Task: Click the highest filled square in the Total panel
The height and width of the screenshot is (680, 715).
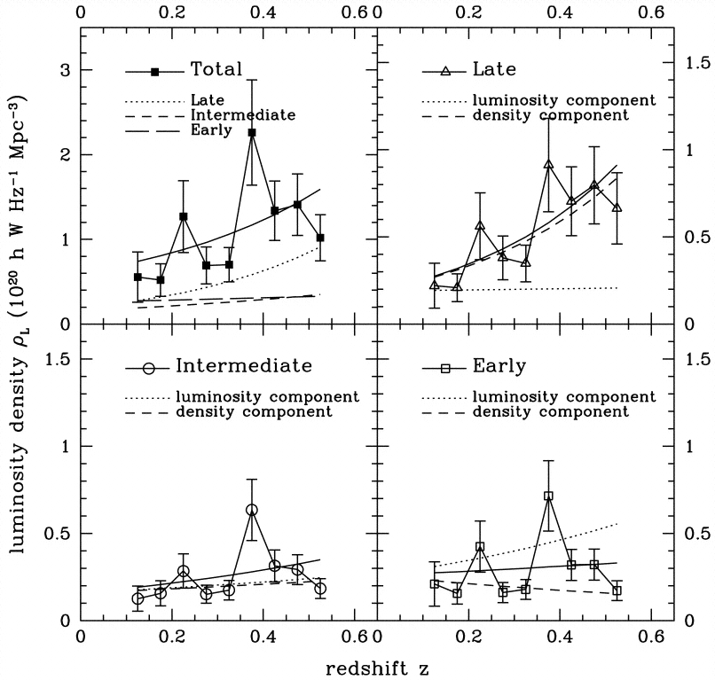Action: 252,132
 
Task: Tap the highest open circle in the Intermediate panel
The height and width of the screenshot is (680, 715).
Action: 252,510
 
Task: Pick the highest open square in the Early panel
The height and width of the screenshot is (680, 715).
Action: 548,496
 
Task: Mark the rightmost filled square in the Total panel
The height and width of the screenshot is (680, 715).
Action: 320,238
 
